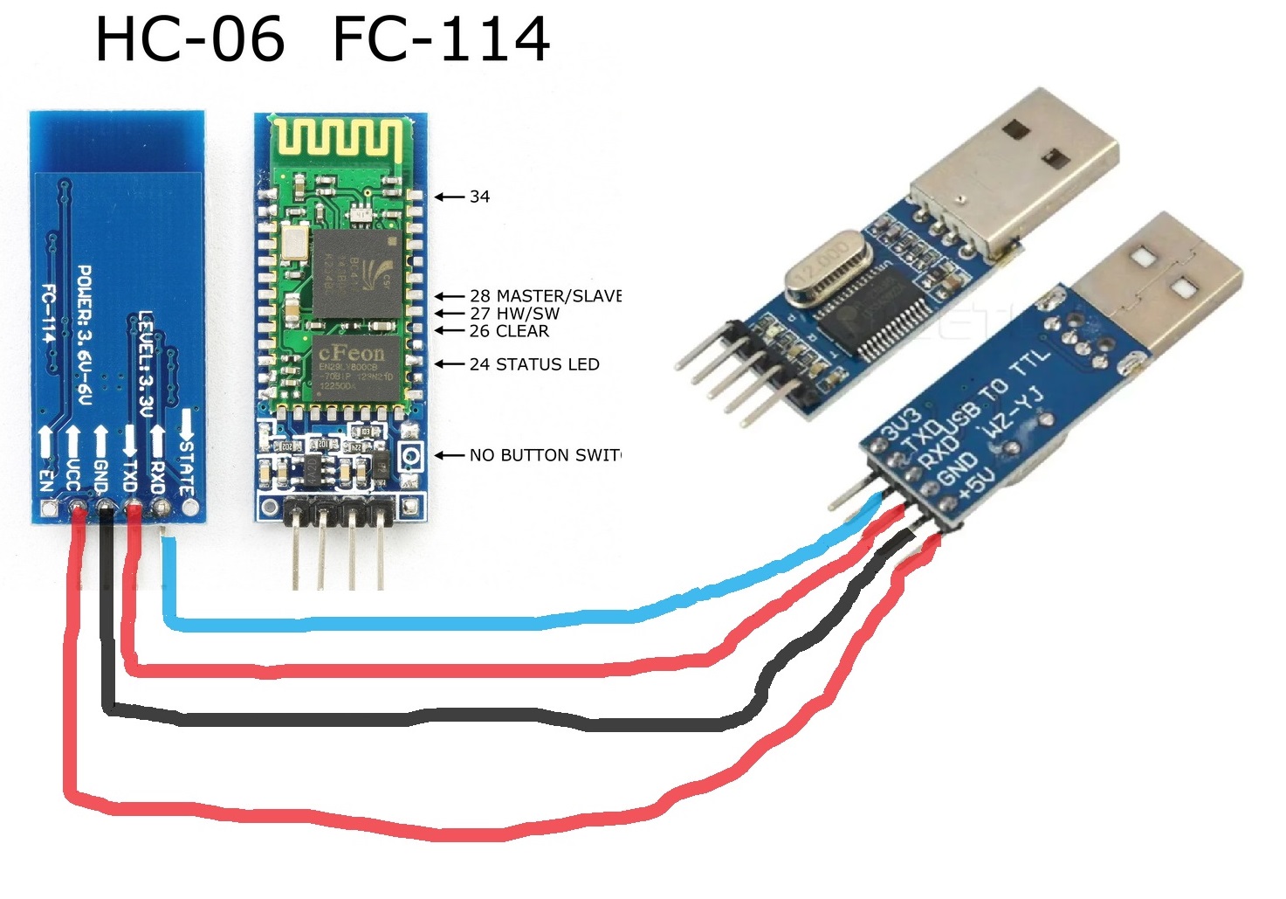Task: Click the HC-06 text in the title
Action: pos(189,39)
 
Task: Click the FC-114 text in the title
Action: pos(441,39)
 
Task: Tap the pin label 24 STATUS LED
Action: pos(533,364)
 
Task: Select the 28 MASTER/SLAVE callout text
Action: pos(545,296)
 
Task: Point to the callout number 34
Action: pos(479,197)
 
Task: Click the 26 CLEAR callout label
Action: pos(509,331)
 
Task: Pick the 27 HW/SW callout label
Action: pos(514,314)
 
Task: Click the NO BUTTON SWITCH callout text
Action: pos(545,455)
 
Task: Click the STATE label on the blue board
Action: pos(186,463)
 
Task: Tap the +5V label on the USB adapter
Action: pos(976,486)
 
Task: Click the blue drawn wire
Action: pos(437,622)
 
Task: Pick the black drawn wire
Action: pos(437,720)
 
